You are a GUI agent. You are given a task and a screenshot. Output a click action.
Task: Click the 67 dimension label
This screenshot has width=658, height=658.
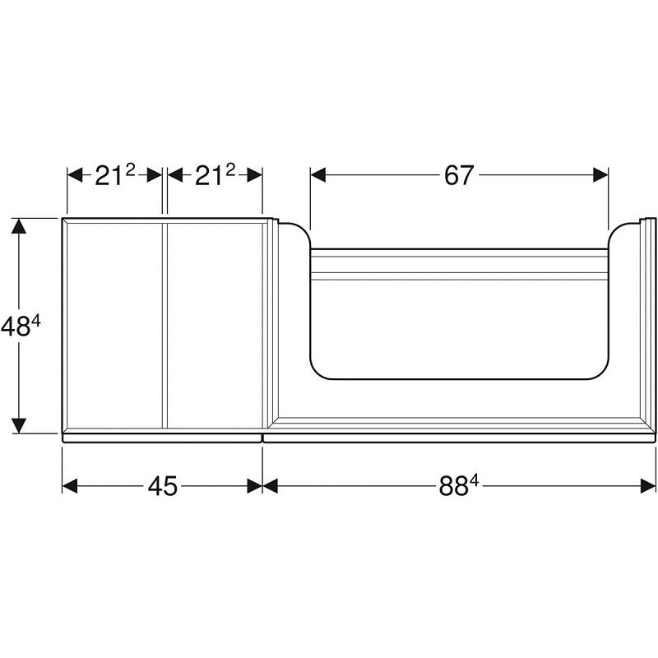click(x=459, y=175)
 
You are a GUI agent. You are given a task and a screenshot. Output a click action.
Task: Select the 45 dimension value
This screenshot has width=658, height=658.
click(x=163, y=486)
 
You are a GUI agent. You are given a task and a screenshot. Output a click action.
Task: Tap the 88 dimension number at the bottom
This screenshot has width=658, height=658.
click(x=453, y=487)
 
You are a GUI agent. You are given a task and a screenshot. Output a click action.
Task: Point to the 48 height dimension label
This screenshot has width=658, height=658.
click(x=16, y=327)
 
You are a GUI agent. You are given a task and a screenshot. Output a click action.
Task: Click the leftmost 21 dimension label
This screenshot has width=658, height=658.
click(x=109, y=176)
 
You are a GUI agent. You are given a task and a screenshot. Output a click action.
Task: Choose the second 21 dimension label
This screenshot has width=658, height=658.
click(x=209, y=176)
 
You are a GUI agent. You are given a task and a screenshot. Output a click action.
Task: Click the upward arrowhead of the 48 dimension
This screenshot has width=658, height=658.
click(x=19, y=225)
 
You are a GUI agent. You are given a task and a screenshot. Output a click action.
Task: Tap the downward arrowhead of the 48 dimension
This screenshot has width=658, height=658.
click(x=19, y=425)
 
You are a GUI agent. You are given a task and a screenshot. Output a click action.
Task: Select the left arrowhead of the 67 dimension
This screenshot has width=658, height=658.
click(x=318, y=175)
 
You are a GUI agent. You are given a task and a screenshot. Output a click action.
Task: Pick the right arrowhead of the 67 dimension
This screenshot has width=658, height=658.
click(x=601, y=175)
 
